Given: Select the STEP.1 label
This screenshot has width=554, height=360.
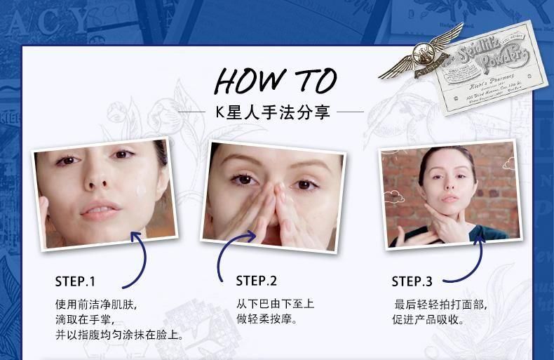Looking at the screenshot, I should (x=75, y=282).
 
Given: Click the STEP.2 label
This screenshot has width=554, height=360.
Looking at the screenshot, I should (x=256, y=281).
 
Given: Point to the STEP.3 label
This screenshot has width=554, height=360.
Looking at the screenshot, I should (x=412, y=282).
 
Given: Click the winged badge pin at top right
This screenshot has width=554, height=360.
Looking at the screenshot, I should (x=421, y=52).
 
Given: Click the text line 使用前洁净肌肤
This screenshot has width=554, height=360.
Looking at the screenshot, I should (x=96, y=306).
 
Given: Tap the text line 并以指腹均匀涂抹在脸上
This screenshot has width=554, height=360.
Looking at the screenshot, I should (x=119, y=335).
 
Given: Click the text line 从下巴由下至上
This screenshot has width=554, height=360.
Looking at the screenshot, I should (x=275, y=305).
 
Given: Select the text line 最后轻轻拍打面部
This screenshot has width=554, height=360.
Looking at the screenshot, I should (x=440, y=305).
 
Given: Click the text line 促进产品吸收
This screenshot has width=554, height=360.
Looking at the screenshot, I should (x=428, y=321).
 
